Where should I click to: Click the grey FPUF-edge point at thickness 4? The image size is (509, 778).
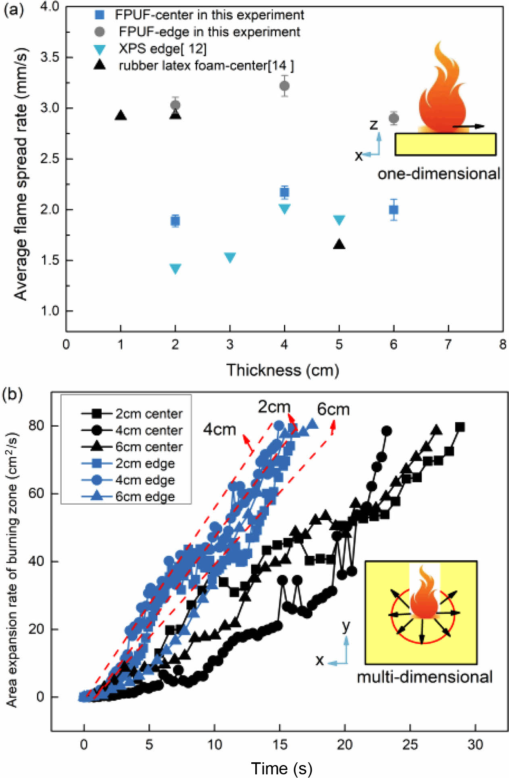tap(284, 86)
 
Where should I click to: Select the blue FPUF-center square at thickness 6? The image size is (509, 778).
tap(394, 210)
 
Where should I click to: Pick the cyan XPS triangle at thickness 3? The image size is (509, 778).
tap(230, 257)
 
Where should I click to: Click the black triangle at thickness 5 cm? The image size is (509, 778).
tap(339, 244)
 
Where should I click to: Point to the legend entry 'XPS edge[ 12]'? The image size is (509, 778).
tap(162, 49)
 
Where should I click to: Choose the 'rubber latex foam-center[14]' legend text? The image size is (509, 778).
tap(206, 65)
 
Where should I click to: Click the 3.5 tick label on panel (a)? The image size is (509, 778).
tap(50, 57)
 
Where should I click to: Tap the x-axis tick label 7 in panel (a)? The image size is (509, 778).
tap(448, 344)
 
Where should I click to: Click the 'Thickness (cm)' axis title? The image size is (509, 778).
tap(282, 370)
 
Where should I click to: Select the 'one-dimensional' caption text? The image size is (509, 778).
tap(439, 174)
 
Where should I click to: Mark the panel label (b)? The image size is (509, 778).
tap(12, 394)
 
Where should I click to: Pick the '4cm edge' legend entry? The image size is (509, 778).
tap(145, 480)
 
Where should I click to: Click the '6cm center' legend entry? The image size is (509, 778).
tap(149, 447)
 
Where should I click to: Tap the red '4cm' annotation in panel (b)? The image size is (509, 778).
tap(219, 430)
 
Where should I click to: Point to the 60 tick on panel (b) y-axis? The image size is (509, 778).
tap(37, 493)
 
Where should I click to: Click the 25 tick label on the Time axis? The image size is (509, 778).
tap(410, 745)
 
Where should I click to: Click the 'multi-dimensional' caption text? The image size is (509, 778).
tap(425, 677)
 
